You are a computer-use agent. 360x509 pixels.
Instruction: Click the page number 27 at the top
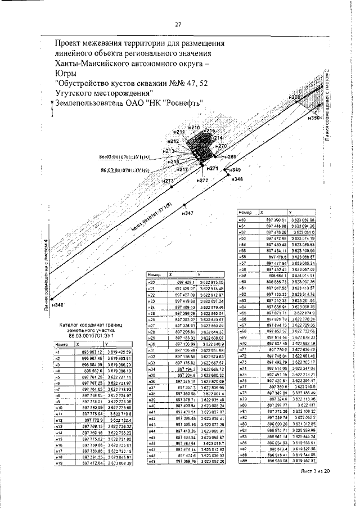point(177,24)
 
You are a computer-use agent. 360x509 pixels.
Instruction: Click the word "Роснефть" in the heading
point(182,102)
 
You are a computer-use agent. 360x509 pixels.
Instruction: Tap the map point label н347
point(188,213)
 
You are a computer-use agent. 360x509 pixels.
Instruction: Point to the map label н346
point(57,304)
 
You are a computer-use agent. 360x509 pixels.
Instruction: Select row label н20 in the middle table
point(151,281)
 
